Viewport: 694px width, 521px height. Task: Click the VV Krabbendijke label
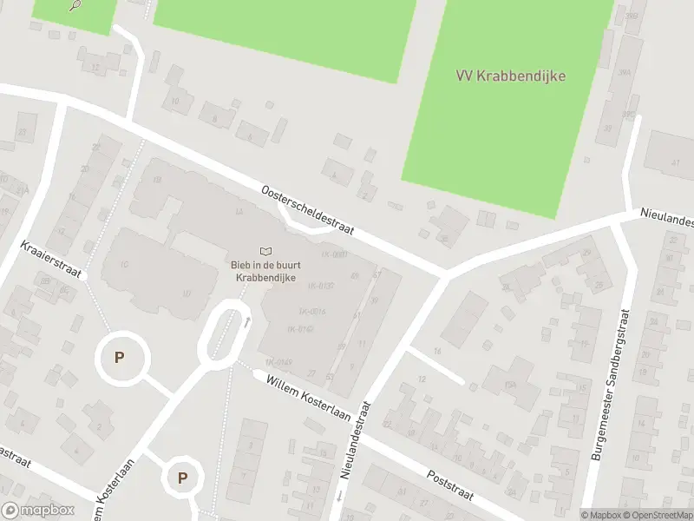point(510,76)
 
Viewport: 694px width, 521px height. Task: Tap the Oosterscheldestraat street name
point(308,209)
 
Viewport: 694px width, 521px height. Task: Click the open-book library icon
point(265,251)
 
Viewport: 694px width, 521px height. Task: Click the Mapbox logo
point(37,511)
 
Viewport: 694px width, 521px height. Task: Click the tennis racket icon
point(75,4)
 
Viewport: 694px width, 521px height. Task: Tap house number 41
point(675,162)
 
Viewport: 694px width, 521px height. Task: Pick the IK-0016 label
point(311,312)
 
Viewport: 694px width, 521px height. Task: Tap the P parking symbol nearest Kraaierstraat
point(119,357)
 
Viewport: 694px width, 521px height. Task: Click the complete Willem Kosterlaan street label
point(308,398)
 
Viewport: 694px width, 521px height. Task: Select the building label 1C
point(124,264)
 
